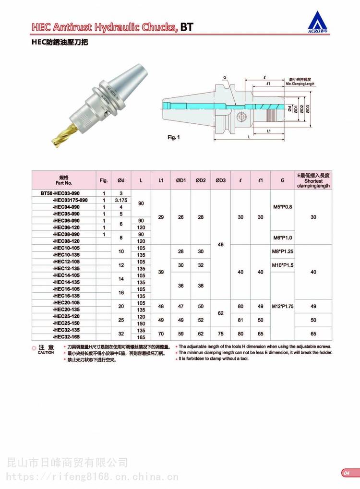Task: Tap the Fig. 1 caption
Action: click(173, 137)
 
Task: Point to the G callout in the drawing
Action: click(224, 77)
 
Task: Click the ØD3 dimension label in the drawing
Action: click(307, 108)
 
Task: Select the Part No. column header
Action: click(64, 180)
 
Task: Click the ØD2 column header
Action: click(201, 180)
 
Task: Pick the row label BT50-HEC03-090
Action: click(64, 193)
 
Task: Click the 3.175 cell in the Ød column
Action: click(121, 200)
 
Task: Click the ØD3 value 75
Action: click(221, 334)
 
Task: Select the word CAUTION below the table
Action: click(46, 353)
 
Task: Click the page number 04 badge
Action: click(346, 473)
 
